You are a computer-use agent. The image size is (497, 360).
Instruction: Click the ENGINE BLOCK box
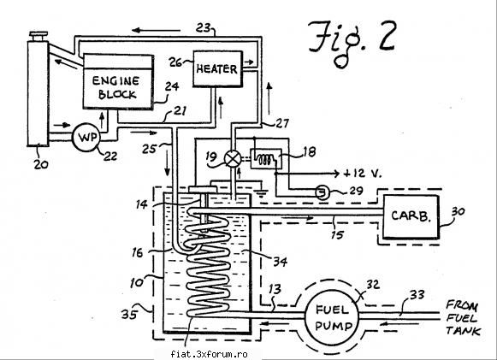(119, 82)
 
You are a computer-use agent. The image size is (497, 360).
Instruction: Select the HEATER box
(218, 68)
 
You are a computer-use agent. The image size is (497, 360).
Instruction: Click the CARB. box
(411, 216)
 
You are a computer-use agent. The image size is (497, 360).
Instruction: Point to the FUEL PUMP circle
(332, 317)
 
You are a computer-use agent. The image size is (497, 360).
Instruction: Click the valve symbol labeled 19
(233, 158)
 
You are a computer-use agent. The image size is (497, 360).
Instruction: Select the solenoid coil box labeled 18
(266, 158)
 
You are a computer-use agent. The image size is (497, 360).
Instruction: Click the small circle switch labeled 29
(322, 192)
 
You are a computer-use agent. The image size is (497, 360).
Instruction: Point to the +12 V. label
(363, 174)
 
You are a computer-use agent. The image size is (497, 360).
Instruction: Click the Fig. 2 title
(352, 43)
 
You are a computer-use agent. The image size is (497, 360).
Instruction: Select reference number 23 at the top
(204, 27)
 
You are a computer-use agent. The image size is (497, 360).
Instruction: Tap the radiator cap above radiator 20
(38, 36)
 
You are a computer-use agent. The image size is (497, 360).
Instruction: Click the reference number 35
(129, 315)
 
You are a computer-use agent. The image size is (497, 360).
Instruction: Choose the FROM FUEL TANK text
(464, 318)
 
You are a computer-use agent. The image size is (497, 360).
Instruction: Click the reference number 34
(281, 262)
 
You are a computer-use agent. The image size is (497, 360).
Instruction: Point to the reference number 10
(137, 283)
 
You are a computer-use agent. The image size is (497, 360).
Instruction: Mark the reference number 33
(417, 295)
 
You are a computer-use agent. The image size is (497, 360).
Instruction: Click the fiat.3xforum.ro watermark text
(209, 354)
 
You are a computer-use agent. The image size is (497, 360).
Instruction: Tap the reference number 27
(282, 123)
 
